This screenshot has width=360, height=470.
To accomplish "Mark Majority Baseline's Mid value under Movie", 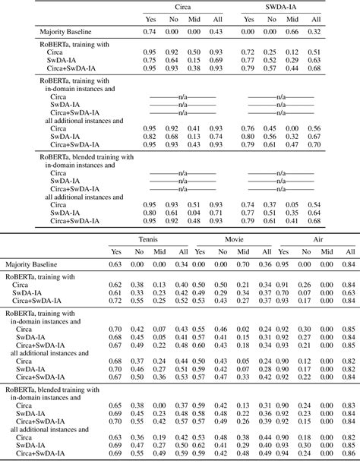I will tap(243, 264).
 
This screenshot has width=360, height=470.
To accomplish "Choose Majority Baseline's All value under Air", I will tap(349, 264).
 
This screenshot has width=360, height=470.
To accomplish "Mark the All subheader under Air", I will tap(349, 251).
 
